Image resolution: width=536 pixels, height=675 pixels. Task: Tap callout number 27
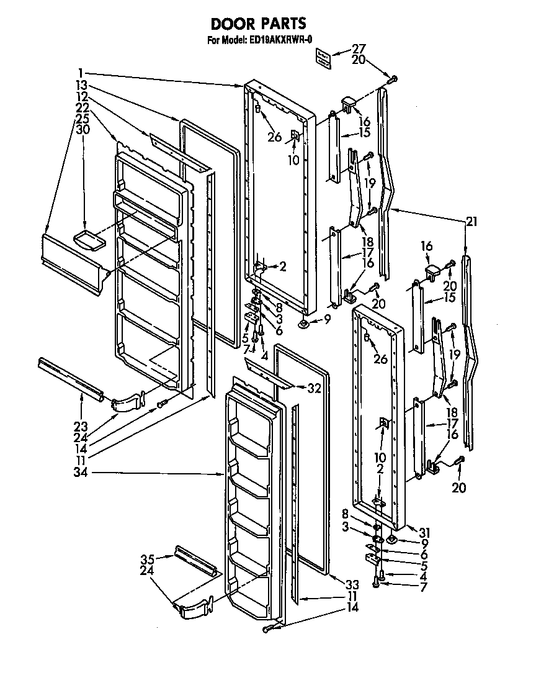click(359, 49)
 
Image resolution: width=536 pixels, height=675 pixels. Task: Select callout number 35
click(148, 558)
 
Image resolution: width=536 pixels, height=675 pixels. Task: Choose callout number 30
click(82, 129)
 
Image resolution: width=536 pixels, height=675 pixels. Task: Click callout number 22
click(81, 107)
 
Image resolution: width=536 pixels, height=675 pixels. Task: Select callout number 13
click(81, 84)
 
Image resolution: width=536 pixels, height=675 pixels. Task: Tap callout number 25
click(82, 118)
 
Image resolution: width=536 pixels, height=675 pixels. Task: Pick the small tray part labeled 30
click(87, 238)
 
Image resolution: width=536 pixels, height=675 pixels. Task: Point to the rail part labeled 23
click(69, 378)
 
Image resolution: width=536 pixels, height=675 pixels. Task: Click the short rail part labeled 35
click(195, 560)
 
